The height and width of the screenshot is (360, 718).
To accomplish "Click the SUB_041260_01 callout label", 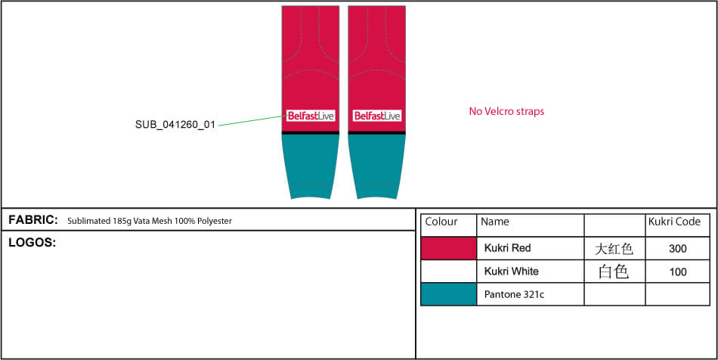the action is click(x=175, y=124).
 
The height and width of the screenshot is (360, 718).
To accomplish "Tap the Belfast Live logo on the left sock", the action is click(x=311, y=116).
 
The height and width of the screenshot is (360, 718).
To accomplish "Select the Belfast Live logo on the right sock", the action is click(x=377, y=116).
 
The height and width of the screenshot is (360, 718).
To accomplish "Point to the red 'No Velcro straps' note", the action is click(x=506, y=111).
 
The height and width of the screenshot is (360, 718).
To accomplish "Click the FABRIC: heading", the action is click(x=33, y=220).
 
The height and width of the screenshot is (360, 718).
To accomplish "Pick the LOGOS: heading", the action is click(x=32, y=244).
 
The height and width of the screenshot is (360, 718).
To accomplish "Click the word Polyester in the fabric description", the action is click(x=215, y=222).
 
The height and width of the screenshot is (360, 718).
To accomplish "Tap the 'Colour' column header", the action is click(x=441, y=222).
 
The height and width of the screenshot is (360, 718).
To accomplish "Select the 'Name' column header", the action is click(x=494, y=222).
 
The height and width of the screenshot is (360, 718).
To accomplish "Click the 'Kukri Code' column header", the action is click(x=674, y=222).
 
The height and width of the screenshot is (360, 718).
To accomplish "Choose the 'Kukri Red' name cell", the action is click(x=507, y=248).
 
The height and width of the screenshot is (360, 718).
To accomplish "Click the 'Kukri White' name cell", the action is click(x=511, y=272).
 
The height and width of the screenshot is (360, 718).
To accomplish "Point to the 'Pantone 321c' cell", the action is click(x=514, y=294).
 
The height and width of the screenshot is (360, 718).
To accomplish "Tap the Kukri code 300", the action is click(x=678, y=248).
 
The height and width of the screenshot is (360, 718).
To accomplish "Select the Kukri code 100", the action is click(x=678, y=272).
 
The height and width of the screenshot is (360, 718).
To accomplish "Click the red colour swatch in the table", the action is click(x=449, y=248).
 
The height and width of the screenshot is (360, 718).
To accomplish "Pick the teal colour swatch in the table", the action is click(x=449, y=294).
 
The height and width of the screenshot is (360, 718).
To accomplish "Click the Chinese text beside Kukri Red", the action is click(x=614, y=249).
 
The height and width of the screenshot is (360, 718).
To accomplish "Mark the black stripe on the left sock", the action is click(x=311, y=133).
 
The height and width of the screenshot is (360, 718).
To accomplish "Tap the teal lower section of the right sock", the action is click(x=377, y=165).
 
